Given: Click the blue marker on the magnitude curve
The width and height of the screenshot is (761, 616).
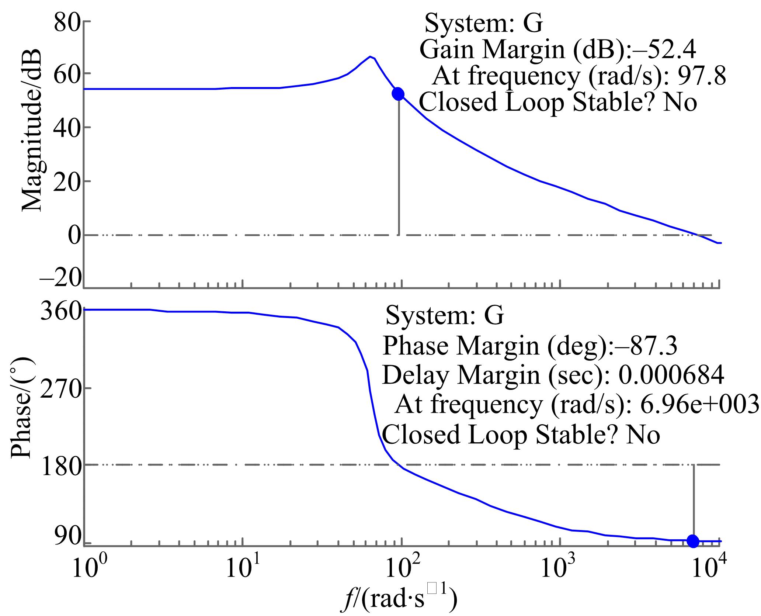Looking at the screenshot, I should pos(398,94).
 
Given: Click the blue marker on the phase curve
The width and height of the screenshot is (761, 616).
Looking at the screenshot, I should pos(693,541).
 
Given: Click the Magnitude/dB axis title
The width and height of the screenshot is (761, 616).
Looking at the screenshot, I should pos(31,131).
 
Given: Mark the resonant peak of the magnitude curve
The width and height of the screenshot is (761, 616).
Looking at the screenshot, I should pos(370,57).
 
